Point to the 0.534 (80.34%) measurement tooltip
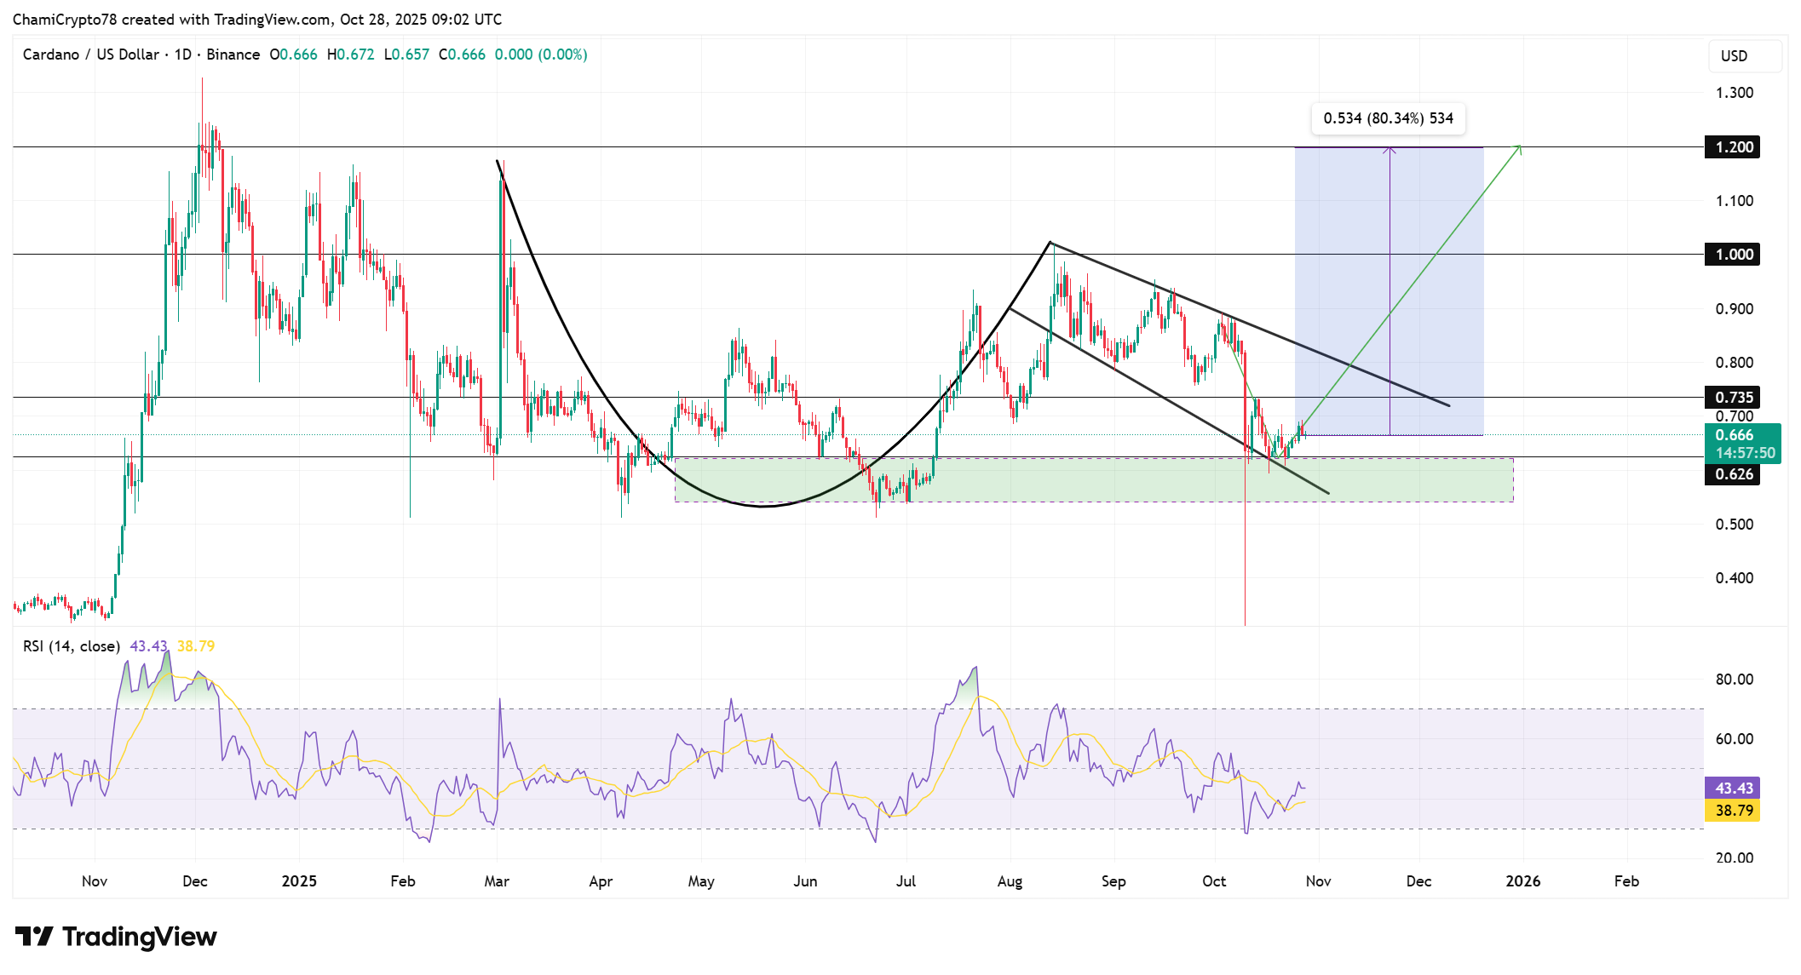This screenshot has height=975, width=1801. (x=1388, y=118)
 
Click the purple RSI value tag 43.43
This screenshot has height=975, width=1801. (x=1733, y=789)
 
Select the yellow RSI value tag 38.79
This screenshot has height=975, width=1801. (x=1733, y=811)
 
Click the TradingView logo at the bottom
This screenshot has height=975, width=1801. (x=116, y=937)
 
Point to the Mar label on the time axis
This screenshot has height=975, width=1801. (x=497, y=881)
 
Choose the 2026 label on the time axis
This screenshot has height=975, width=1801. (x=1522, y=881)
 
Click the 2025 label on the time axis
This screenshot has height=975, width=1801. (x=299, y=881)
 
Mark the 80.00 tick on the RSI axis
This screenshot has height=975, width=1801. (x=1734, y=680)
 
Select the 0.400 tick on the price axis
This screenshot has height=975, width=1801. (x=1734, y=578)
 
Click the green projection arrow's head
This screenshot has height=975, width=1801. (x=1519, y=148)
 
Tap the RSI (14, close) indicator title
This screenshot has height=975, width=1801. (x=72, y=646)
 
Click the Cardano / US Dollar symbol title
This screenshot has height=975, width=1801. (x=91, y=54)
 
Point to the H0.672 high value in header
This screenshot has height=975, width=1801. (x=350, y=54)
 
